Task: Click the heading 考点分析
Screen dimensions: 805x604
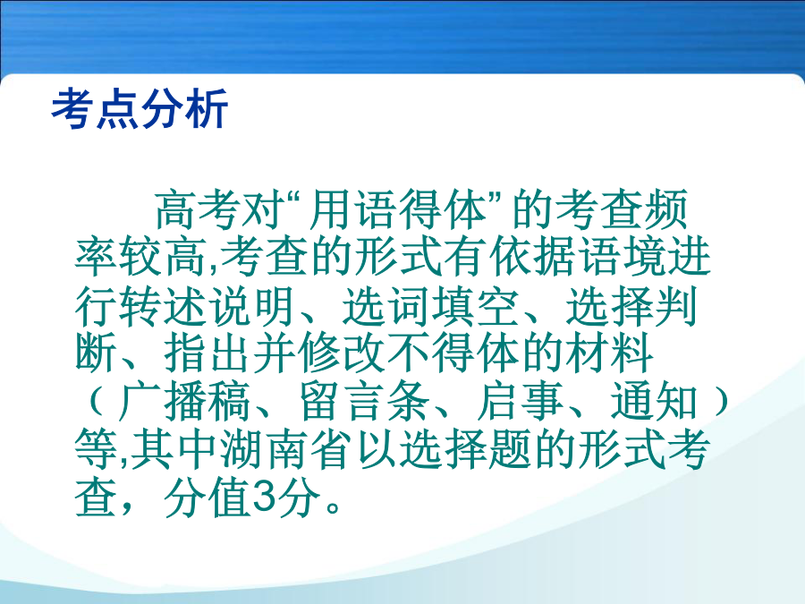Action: click(140, 108)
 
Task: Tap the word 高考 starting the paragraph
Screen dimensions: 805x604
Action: click(199, 209)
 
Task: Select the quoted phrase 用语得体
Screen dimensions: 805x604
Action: click(398, 209)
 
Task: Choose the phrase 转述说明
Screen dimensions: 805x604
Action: click(208, 305)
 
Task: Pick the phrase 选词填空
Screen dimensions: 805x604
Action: click(429, 305)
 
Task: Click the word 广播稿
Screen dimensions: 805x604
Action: click(185, 401)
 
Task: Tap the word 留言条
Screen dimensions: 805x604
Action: click(364, 401)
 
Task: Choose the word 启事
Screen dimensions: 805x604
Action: click(520, 401)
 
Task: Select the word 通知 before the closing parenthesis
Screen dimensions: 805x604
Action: click(654, 401)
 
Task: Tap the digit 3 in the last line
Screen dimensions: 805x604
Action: click(262, 498)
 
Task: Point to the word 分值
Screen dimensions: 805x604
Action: click(208, 498)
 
